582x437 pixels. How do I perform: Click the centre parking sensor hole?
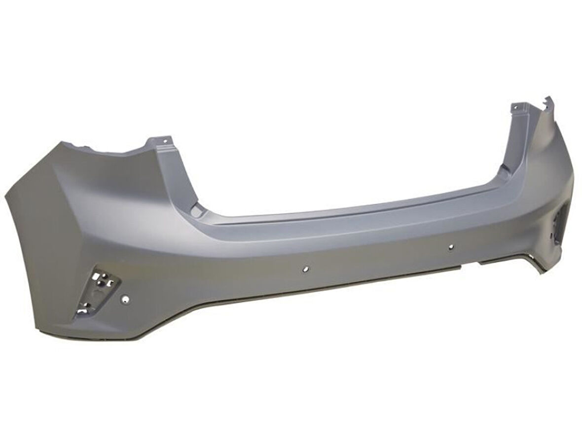point(306,270)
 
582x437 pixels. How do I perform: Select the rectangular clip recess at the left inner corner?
point(197,211)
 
